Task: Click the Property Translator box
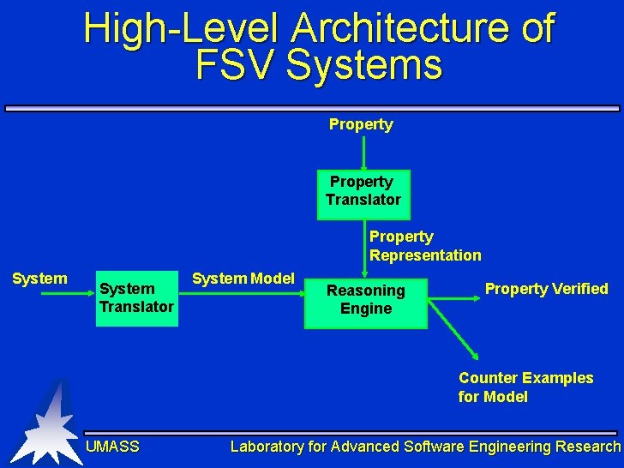[363, 194]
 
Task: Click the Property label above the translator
[361, 125]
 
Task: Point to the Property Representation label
[425, 246]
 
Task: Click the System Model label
[243, 279]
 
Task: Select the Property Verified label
[546, 289]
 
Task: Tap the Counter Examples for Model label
[525, 387]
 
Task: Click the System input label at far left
[39, 279]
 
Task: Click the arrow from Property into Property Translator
[363, 154]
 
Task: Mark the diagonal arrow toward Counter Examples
[454, 331]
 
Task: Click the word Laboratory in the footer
[266, 447]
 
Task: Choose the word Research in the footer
[587, 447]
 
